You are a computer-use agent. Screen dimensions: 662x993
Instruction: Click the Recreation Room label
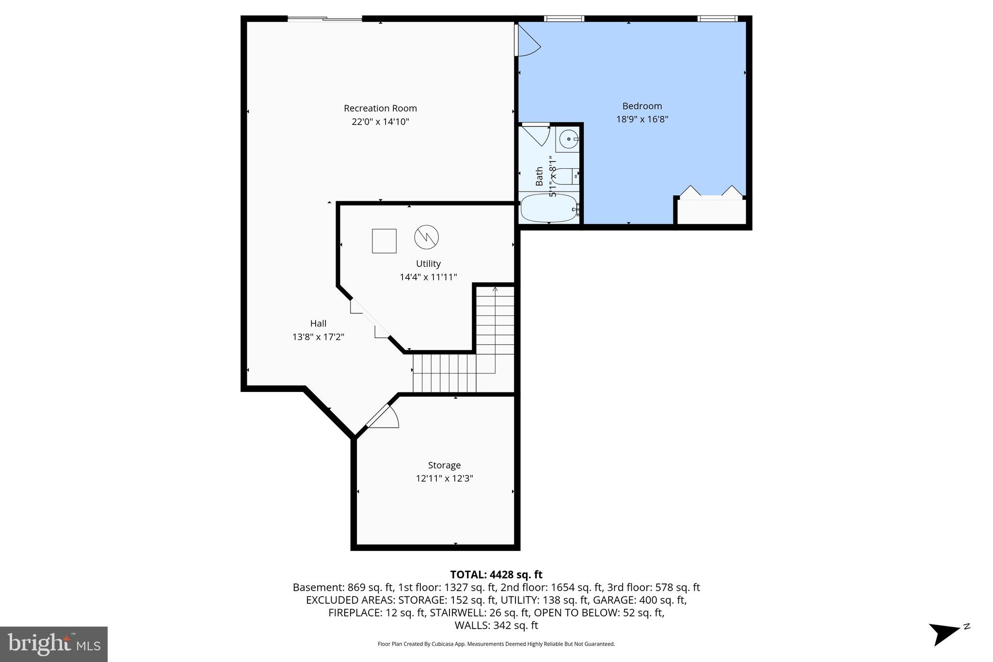(x=380, y=108)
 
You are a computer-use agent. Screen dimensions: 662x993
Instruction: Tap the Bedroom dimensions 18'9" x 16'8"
(x=642, y=119)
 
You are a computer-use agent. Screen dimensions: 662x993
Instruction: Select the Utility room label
(x=428, y=264)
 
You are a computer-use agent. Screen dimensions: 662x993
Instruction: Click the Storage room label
(x=444, y=465)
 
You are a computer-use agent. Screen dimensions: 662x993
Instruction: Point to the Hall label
(x=318, y=323)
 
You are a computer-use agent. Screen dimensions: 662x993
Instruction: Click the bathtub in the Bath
(x=548, y=209)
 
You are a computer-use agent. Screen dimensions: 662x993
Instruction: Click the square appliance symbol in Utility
(x=384, y=241)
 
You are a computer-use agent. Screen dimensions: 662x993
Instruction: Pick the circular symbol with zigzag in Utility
(x=426, y=237)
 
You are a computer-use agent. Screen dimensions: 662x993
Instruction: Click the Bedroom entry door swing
(x=528, y=41)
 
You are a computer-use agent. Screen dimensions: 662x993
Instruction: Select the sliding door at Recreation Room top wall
(x=325, y=19)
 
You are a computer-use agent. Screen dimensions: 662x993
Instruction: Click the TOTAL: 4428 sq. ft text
(x=496, y=575)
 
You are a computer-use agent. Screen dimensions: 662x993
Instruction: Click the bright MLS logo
(x=54, y=644)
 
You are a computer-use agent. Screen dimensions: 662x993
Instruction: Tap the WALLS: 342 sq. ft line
(x=496, y=625)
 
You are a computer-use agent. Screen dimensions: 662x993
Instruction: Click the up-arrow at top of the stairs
(x=495, y=290)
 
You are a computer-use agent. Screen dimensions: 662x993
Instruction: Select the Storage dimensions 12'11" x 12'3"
(x=444, y=479)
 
